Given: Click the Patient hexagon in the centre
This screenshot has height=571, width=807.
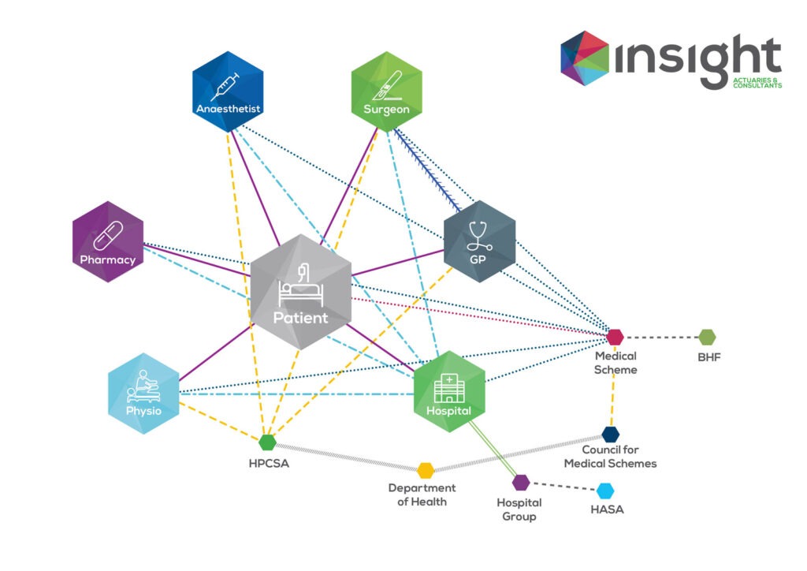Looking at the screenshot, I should (300, 291).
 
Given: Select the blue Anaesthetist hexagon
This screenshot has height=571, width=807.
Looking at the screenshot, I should (228, 90).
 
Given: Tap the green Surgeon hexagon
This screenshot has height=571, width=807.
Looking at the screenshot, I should (386, 90).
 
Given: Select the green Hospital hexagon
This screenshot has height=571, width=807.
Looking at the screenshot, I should (449, 391).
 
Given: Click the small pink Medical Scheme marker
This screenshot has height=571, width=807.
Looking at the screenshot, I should (615, 337).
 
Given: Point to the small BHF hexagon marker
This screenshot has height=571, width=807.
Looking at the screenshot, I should (707, 338).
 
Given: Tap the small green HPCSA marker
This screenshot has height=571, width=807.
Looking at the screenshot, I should (268, 442).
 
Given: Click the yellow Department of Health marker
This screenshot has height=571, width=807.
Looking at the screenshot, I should (426, 471).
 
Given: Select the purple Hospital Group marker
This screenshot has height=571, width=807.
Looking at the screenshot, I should (521, 483).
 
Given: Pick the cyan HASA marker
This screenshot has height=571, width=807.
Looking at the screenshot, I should (605, 491).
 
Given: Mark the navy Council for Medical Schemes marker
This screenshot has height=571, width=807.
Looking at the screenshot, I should (611, 434).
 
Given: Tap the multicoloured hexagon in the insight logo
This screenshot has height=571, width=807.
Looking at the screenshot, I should (585, 57).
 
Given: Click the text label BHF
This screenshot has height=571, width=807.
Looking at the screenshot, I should (708, 357).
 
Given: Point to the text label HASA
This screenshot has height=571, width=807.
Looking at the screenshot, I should (607, 510).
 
